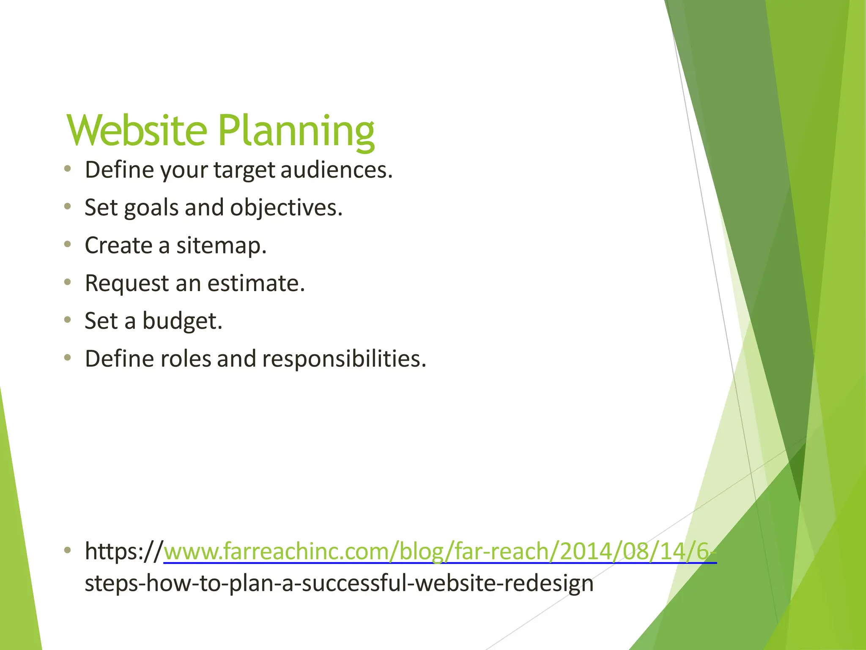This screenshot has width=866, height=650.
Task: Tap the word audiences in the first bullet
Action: click(x=336, y=170)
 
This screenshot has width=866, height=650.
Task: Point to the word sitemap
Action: click(x=221, y=246)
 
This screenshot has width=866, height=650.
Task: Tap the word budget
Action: click(x=182, y=321)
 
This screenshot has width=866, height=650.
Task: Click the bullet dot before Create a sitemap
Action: click(x=67, y=244)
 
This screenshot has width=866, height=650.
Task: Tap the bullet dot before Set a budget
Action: click(x=67, y=319)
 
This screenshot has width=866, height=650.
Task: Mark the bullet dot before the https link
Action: click(x=67, y=550)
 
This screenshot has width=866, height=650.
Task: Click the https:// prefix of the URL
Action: click(x=123, y=551)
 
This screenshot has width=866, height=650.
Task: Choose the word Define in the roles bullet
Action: click(x=119, y=359)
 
